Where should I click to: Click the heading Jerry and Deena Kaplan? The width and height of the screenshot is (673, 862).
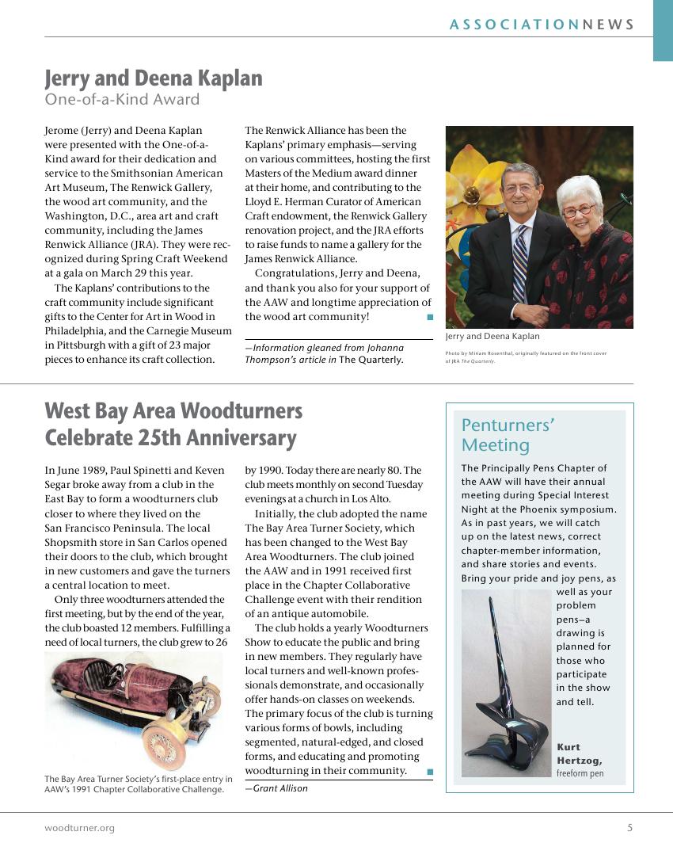point(154,78)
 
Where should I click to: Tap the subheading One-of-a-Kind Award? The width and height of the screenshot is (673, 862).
point(122,100)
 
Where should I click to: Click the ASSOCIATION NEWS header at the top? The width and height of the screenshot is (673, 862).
point(542,25)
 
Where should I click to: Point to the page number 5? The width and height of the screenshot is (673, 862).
point(629,828)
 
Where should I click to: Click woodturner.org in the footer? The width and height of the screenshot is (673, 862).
point(79,828)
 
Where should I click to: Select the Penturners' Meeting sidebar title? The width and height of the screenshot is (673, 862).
point(508,434)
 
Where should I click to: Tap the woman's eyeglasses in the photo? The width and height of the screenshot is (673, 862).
point(578,210)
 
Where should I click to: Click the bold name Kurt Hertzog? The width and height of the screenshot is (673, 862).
point(579,753)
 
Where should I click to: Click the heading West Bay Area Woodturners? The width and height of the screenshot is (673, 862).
point(173,411)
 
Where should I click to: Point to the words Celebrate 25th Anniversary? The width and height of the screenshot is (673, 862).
point(170,438)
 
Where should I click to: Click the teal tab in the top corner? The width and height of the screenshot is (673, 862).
point(663,30)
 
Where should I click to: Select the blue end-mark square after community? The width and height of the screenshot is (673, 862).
point(429,317)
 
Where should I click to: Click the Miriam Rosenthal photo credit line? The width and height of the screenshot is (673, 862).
point(526,353)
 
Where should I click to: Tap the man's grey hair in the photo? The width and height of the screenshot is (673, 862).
point(521,172)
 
